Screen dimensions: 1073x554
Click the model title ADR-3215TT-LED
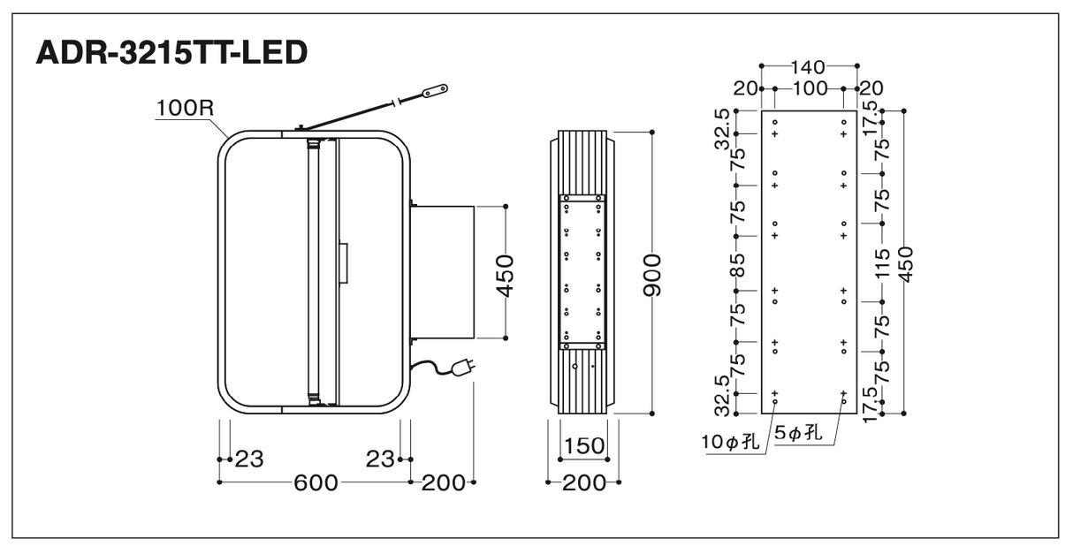pyautogui.click(x=171, y=53)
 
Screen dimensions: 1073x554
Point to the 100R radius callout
pyautogui.click(x=185, y=108)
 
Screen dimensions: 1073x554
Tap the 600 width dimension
pyautogui.click(x=316, y=482)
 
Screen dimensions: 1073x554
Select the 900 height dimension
pyautogui.click(x=652, y=275)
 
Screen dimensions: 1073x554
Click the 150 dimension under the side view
pyautogui.click(x=584, y=446)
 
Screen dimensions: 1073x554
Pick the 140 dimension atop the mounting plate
pyautogui.click(x=808, y=67)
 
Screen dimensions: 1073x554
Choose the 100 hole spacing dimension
pyautogui.click(x=810, y=88)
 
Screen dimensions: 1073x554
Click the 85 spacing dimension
pyautogui.click(x=738, y=265)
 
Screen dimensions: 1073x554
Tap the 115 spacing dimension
pyautogui.click(x=882, y=263)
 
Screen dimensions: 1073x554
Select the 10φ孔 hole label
pyautogui.click(x=729, y=442)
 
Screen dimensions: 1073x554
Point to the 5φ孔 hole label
pyautogui.click(x=798, y=433)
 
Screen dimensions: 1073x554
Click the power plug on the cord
pyautogui.click(x=463, y=368)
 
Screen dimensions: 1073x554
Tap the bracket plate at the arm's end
pyautogui.click(x=435, y=90)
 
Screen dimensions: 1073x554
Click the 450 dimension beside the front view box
pyautogui.click(x=505, y=276)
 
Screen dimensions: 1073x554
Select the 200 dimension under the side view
pyautogui.click(x=584, y=483)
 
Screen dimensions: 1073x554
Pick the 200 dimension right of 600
pyautogui.click(x=443, y=483)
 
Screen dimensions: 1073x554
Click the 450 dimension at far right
pyautogui.click(x=906, y=264)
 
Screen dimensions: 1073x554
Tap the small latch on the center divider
pyautogui.click(x=344, y=263)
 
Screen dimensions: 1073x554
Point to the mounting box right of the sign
pyautogui.click(x=443, y=272)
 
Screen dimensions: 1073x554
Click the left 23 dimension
pyautogui.click(x=249, y=459)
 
